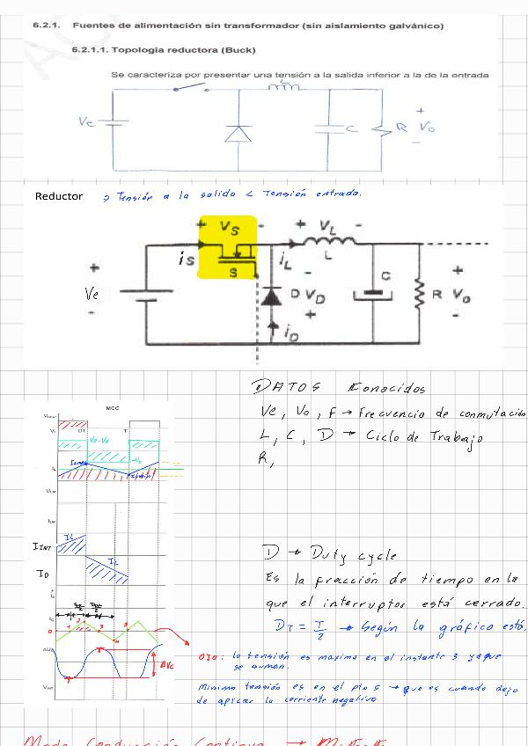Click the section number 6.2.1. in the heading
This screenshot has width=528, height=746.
[45, 26]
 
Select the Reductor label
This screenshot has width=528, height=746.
[59, 196]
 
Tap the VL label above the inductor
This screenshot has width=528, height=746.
[327, 228]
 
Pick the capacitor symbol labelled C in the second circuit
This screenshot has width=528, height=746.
[376, 293]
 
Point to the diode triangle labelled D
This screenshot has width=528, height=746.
[272, 296]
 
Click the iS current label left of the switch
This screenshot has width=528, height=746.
[186, 260]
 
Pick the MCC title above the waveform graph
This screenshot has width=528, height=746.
[112, 408]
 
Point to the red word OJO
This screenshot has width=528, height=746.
[208, 657]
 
